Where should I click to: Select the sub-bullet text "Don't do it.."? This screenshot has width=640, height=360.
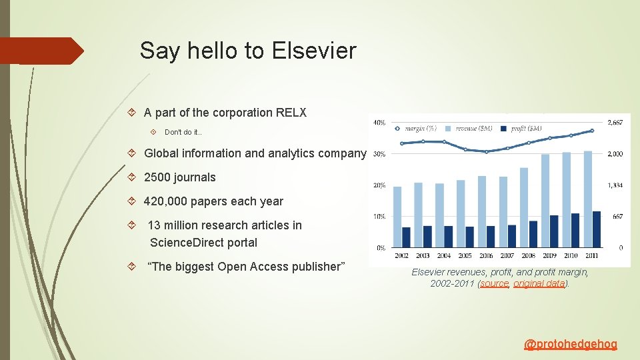tap(183, 132)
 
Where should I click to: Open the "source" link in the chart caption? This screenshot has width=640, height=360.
tap(495, 283)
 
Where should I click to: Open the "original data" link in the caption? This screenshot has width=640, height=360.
tap(539, 283)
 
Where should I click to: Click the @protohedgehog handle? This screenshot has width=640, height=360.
tap(571, 344)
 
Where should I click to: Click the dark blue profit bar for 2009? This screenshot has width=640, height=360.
tap(553, 231)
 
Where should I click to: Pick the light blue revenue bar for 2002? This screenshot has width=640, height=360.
tap(397, 217)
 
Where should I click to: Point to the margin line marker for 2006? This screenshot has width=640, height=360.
tap(486, 151)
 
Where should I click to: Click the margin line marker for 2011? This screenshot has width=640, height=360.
tap(591, 131)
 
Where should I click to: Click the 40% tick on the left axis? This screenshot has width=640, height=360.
tap(379, 122)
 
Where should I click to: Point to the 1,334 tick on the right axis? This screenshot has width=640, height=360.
tap(615, 185)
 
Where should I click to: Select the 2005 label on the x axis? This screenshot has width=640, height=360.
tap(465, 255)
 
